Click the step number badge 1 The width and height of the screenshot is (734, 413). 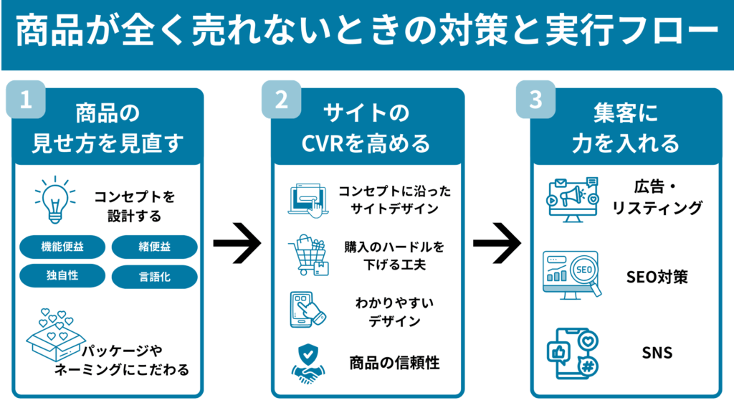click(x=27, y=100)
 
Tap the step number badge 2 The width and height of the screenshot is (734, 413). click(x=282, y=100)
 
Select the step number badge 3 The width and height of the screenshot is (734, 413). click(x=535, y=100)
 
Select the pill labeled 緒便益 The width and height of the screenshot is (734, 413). click(x=153, y=246)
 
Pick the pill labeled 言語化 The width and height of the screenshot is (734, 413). click(x=153, y=276)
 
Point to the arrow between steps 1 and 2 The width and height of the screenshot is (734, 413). click(x=237, y=245)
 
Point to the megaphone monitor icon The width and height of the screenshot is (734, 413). click(x=571, y=197)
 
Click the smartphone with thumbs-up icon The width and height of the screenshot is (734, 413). click(x=571, y=353)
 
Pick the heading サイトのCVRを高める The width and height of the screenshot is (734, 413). click(x=366, y=128)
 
